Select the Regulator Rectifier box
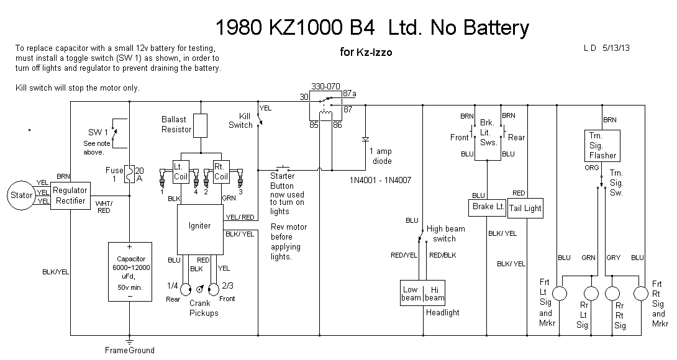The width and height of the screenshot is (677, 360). click(70, 196)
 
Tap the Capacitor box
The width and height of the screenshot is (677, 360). click(129, 272)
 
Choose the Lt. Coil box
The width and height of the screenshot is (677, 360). click(181, 171)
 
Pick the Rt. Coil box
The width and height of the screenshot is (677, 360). click(221, 171)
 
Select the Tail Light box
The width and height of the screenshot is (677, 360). click(525, 208)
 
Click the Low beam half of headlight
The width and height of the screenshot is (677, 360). click(411, 294)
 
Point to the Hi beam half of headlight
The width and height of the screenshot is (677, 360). click(435, 294)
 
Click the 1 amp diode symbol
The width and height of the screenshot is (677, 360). click(365, 139)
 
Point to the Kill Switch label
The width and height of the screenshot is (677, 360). click(241, 120)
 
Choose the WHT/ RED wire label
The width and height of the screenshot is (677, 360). click(104, 206)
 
